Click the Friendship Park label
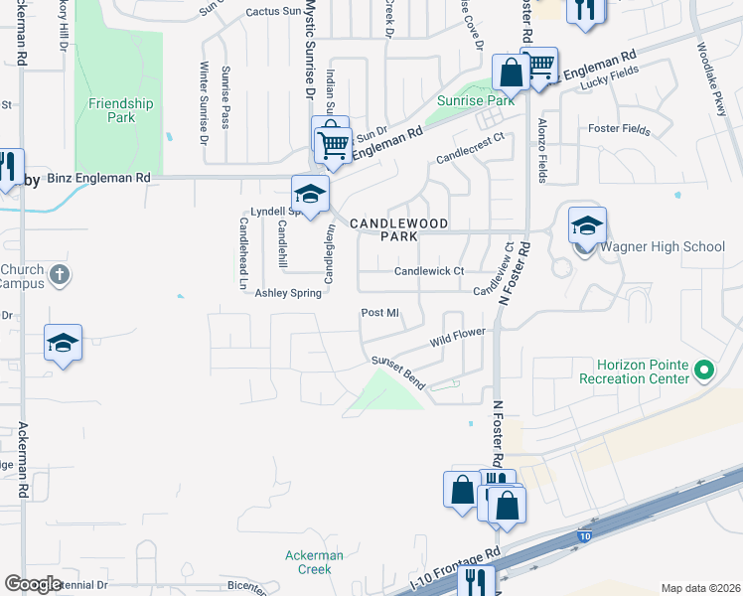point(120,110)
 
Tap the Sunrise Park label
point(476,101)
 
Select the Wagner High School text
point(664,247)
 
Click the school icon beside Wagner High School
point(587,224)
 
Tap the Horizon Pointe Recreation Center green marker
point(704,371)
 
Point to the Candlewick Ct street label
point(429,271)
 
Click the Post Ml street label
point(379,313)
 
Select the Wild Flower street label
point(458,338)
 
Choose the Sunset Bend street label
point(397,373)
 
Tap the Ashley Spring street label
point(289,293)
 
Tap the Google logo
point(34,584)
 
